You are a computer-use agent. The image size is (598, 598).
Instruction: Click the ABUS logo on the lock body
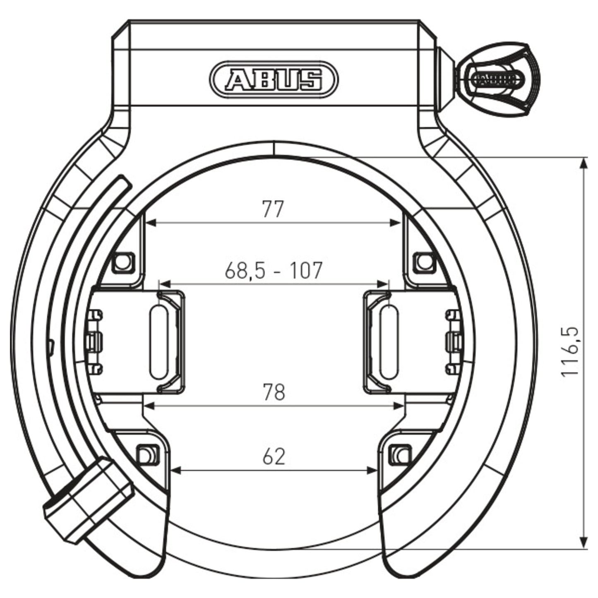tap(274, 79)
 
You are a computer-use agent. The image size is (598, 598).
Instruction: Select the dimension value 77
tap(273, 209)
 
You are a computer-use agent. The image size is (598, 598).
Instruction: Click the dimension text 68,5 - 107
tap(273, 271)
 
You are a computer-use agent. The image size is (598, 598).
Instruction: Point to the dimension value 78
tap(274, 392)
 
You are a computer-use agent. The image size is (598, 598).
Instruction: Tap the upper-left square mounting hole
tap(123, 262)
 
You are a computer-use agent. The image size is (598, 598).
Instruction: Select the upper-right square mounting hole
tap(423, 262)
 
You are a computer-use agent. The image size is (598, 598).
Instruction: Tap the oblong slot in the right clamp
tap(388, 342)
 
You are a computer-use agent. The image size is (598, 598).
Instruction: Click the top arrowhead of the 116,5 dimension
tap(583, 162)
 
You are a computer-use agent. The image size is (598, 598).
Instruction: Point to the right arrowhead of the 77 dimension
tap(397, 223)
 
